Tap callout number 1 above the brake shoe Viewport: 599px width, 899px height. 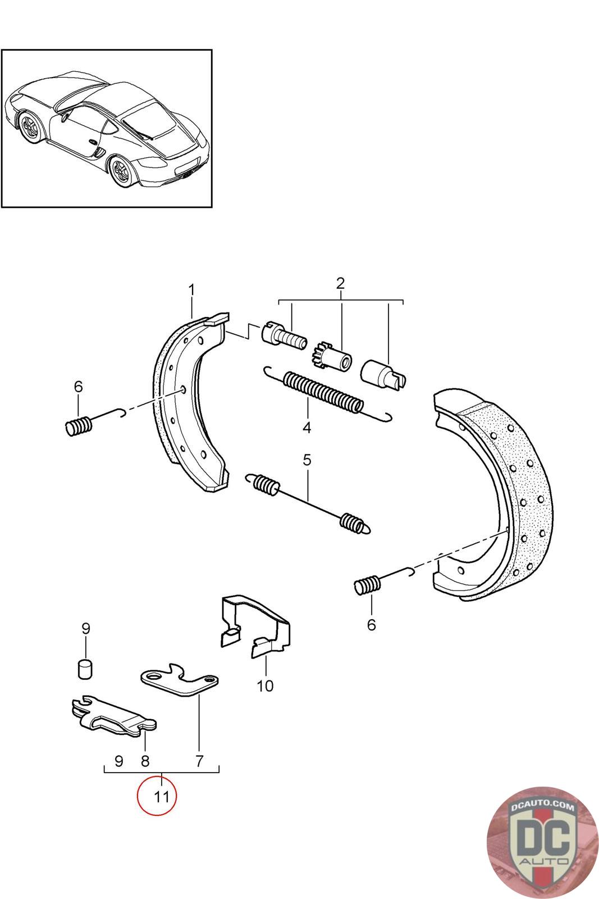[x=191, y=290]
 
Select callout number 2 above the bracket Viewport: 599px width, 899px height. [x=340, y=283]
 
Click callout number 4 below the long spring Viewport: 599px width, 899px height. [x=307, y=428]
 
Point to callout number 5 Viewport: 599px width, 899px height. [x=307, y=460]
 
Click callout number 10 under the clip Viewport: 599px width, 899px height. [x=265, y=686]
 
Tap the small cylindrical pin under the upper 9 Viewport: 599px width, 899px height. [x=85, y=669]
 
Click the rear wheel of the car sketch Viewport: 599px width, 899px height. [x=122, y=171]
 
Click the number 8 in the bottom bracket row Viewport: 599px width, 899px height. [x=145, y=761]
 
